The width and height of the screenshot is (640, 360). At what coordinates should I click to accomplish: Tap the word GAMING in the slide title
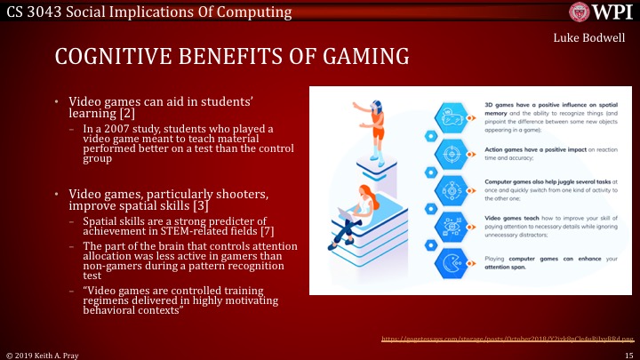click(x=361, y=57)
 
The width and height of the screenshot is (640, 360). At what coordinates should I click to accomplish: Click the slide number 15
click(x=628, y=354)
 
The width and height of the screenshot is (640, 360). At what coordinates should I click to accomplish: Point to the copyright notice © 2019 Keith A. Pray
click(x=45, y=354)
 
